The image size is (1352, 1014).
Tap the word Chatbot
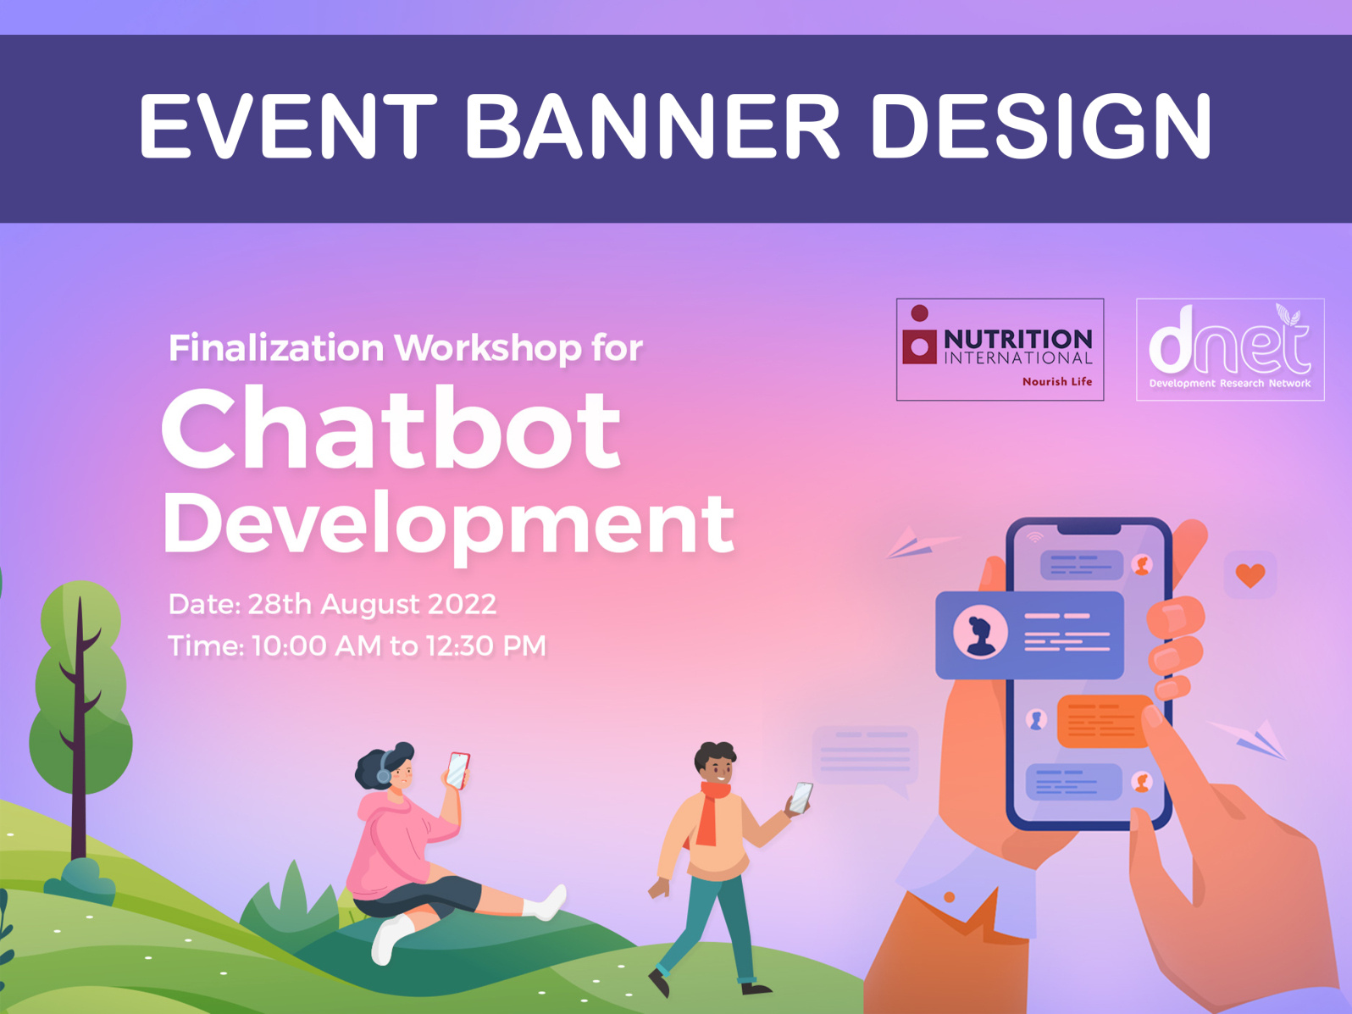(x=391, y=429)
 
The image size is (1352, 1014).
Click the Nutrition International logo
(x=1000, y=349)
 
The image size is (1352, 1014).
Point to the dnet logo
(x=1229, y=349)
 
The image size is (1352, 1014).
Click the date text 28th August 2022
(x=372, y=605)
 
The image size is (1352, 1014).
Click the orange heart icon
(x=1250, y=575)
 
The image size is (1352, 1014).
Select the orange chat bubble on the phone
(x=1101, y=721)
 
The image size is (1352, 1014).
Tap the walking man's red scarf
(x=709, y=813)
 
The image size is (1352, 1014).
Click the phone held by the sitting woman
(x=457, y=770)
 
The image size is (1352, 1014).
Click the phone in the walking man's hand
(x=801, y=797)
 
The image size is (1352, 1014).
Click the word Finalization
(x=276, y=348)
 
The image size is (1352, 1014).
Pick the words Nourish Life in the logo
(x=1056, y=382)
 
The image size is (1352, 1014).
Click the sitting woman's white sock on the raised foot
(x=547, y=904)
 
